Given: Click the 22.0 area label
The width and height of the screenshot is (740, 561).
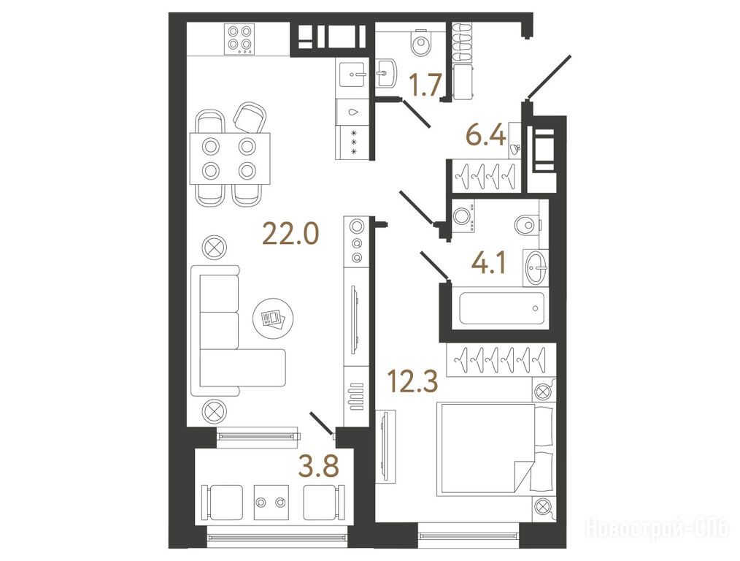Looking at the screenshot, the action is tap(290, 233).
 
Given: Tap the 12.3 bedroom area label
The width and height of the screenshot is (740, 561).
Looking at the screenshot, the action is tap(412, 381).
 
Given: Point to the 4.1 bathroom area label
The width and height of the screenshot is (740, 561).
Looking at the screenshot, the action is tap(489, 264).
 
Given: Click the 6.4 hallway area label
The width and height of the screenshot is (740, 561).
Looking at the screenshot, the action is tap(485, 136).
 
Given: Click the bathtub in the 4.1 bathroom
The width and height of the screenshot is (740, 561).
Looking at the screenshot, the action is tap(501, 309).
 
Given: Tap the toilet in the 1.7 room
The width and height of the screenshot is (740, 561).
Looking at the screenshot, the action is tap(420, 43).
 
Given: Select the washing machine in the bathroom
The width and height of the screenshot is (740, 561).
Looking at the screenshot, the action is tap(463, 217).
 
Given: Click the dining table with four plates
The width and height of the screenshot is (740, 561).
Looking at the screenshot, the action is tap(231, 159).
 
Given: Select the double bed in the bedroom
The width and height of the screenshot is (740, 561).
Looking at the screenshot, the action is tap(495, 449).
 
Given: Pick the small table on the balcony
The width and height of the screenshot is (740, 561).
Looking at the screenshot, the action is tap(271, 503).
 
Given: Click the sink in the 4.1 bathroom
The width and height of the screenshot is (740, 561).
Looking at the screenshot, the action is tap(536, 268).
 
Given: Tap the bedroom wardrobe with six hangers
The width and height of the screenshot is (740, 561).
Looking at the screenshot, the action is tap(500, 361).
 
